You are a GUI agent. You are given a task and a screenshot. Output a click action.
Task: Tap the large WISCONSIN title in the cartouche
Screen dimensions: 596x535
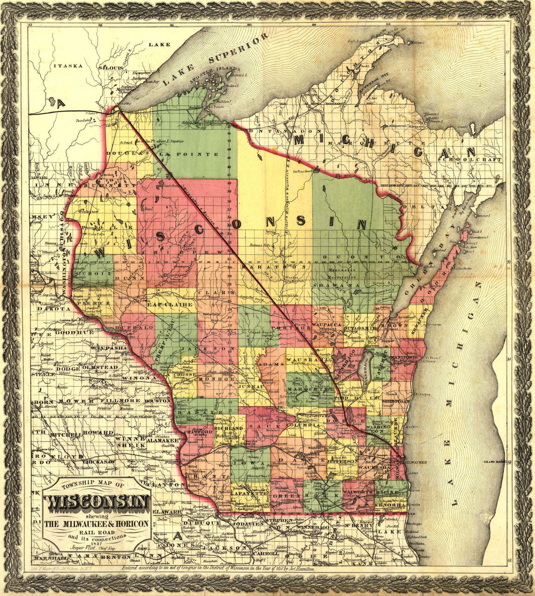(96, 502)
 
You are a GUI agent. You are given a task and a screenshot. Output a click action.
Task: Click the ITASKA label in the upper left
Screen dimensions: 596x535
(68, 66)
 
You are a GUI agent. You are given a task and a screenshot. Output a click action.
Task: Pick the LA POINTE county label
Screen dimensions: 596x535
(189, 154)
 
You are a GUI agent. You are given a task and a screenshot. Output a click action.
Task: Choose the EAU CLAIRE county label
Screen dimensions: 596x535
(170, 305)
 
